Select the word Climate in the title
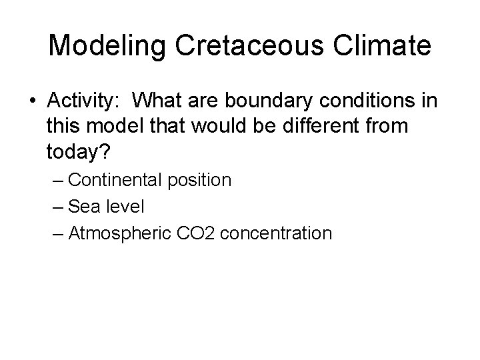[388, 46]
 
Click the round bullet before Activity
[33, 101]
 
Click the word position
[202, 180]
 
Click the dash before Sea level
[57, 207]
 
